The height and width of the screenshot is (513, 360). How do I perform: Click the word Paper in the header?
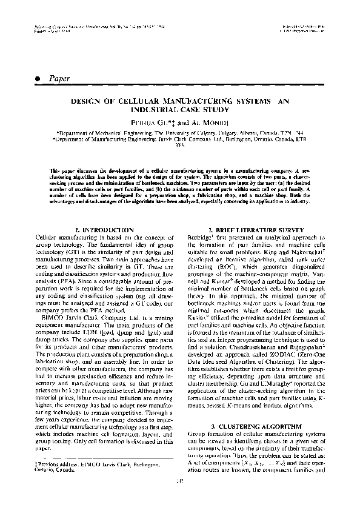pyautogui.click(x=59, y=78)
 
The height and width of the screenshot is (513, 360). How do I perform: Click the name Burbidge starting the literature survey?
pyautogui.click(x=205, y=238)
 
